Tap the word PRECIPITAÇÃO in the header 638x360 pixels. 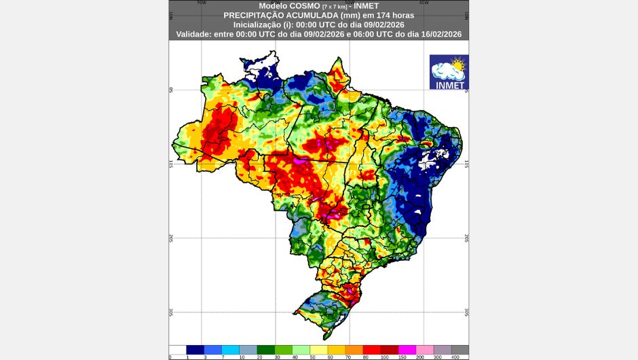[253, 14]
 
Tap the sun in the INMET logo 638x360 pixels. [458, 66]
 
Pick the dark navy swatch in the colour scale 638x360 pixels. [195, 349]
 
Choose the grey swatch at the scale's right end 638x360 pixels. [459, 349]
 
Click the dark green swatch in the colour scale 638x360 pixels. [265, 349]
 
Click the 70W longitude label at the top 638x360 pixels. [201, 3]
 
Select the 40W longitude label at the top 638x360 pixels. [424, 3]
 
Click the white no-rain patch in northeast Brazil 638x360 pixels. [431, 161]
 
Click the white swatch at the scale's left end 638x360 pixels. [177, 349]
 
